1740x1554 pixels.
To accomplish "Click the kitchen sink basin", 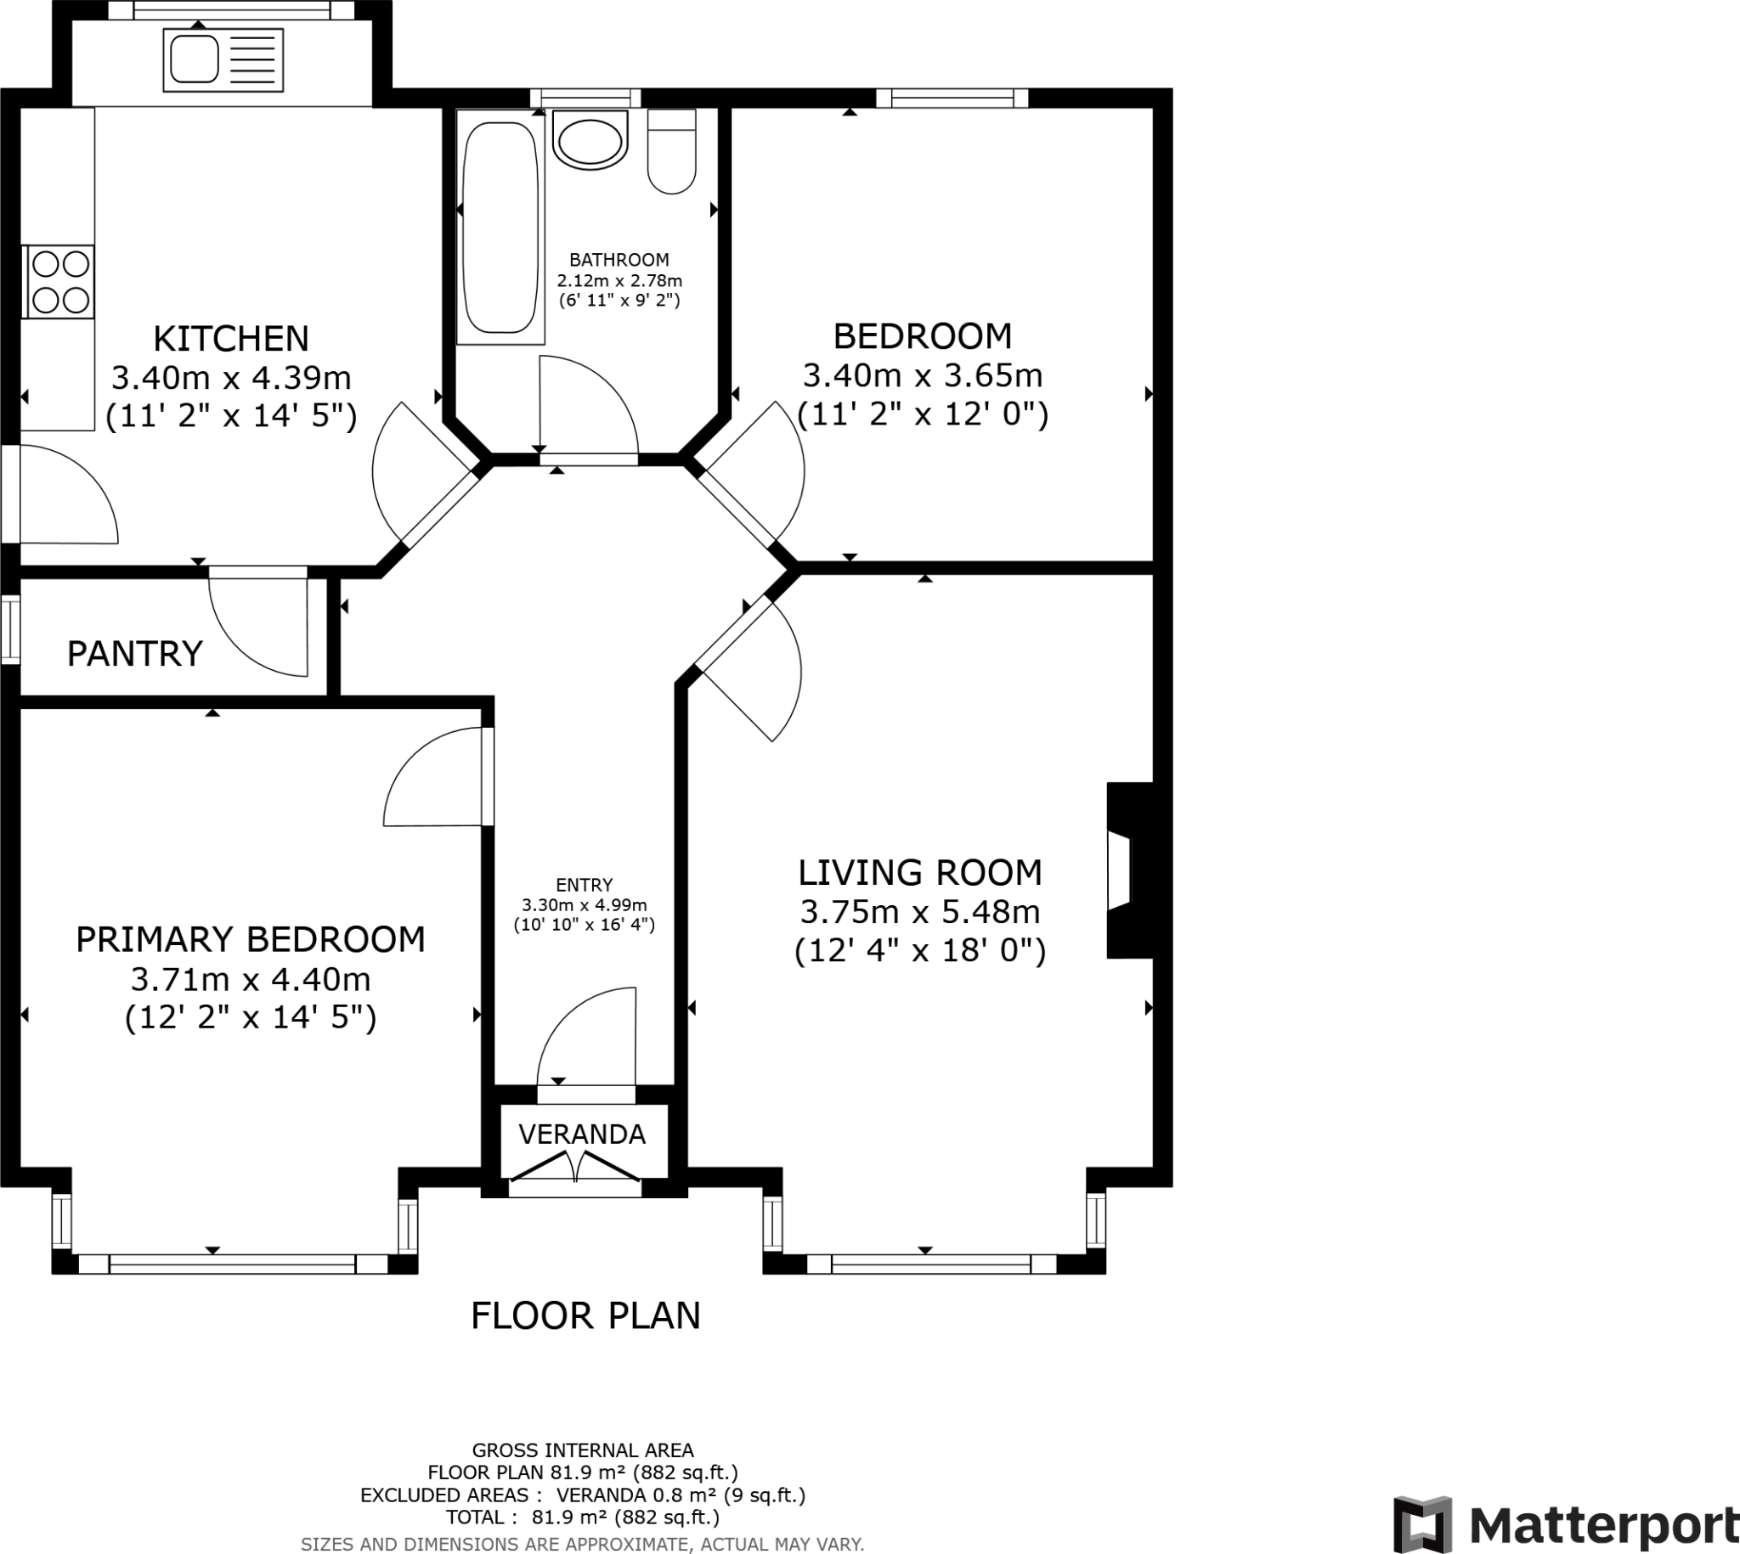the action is [x=195, y=59].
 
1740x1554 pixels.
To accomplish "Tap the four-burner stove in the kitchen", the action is [x=59, y=282].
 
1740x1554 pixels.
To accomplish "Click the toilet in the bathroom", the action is [x=671, y=151].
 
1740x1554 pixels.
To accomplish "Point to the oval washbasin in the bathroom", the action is [x=590, y=141].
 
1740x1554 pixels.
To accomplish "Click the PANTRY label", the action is [x=135, y=654].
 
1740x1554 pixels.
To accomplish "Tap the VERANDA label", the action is [x=583, y=1134].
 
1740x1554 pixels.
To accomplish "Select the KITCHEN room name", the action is [x=230, y=339].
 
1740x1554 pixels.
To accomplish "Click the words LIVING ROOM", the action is [x=920, y=873].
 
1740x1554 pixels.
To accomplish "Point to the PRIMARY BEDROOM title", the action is [x=251, y=939].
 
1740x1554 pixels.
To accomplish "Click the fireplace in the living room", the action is [x=1130, y=870].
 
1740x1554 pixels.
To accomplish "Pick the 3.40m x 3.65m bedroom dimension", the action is [x=923, y=375].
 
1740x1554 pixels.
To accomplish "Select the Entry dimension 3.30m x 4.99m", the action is [x=585, y=905].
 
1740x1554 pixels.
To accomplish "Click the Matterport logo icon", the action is [x=1422, y=1524].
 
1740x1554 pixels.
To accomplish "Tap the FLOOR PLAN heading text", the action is [x=586, y=1315].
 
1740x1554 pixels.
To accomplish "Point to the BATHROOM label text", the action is [x=619, y=260].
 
